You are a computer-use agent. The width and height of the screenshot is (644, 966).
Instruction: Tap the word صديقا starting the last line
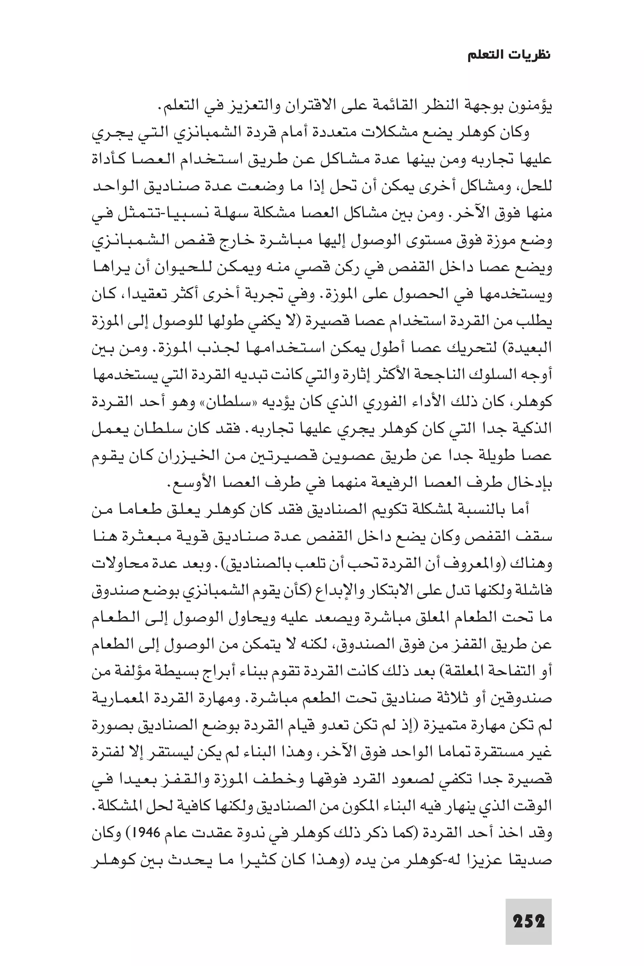click(x=534, y=860)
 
